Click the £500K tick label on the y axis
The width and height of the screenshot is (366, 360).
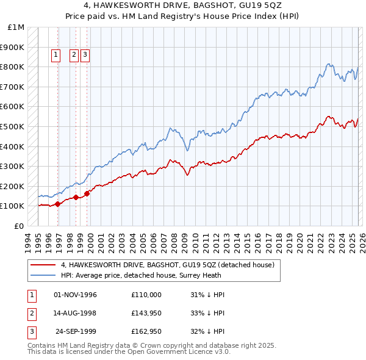13,126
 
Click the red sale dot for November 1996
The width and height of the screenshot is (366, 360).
57,204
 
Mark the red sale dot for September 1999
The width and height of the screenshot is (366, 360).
87,193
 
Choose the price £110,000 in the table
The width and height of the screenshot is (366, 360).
146,295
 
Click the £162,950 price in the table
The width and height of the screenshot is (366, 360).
146,333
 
